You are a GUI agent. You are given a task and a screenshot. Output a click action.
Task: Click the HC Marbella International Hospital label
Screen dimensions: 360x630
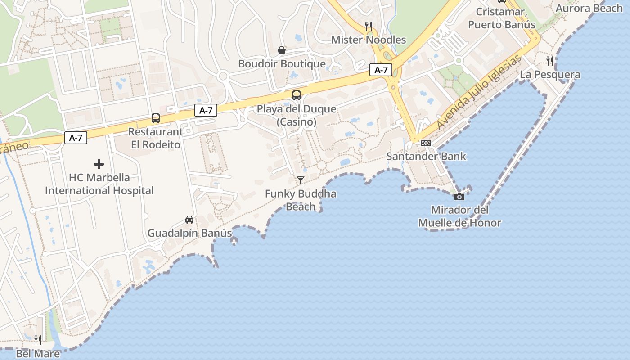click(99, 184)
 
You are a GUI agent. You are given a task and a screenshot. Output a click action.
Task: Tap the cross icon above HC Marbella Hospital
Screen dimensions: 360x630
click(99, 164)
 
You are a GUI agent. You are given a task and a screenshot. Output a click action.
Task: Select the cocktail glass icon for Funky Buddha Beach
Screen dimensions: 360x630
click(301, 180)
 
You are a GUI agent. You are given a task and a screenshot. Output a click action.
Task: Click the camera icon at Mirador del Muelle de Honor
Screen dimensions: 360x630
click(459, 197)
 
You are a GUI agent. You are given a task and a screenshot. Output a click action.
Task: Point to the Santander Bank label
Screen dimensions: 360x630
click(426, 157)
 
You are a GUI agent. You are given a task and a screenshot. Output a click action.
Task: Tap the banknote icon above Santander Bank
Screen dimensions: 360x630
click(426, 143)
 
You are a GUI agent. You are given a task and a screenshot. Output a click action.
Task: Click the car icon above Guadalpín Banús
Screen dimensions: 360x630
click(189, 220)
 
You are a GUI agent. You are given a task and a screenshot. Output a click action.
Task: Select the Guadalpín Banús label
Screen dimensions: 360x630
click(189, 233)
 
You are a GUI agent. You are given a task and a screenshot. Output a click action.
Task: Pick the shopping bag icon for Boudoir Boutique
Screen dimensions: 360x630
click(282, 50)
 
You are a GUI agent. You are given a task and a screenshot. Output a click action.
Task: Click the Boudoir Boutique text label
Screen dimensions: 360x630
click(282, 64)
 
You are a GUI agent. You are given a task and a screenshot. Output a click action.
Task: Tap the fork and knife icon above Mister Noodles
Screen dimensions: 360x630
click(369, 26)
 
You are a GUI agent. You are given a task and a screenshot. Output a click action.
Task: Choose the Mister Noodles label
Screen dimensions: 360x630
click(369, 40)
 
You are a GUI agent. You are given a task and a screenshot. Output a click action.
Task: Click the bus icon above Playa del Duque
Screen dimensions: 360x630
click(297, 95)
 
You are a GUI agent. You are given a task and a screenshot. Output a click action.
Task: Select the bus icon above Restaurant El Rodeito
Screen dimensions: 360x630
click(156, 118)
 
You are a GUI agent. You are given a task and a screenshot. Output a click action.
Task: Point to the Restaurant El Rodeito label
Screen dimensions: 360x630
click(156, 138)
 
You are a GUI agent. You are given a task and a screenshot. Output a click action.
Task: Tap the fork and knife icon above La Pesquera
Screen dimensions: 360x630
click(550, 61)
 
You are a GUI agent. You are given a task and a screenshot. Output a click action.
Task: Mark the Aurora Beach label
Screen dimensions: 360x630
click(589, 8)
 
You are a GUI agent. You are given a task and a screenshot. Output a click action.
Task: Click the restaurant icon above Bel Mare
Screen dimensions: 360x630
click(38, 340)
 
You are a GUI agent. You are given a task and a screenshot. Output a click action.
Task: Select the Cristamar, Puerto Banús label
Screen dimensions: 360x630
click(502, 18)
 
